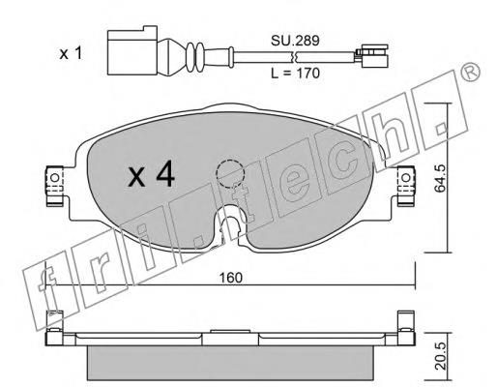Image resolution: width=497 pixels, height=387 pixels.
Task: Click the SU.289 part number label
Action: coord(295,41)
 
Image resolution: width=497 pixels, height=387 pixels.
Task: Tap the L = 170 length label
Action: coord(295,74)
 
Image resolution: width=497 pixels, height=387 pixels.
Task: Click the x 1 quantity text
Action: coord(71,53)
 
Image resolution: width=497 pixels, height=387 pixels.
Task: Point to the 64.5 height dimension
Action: coord(440,178)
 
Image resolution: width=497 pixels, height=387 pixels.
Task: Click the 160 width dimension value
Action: coord(230,278)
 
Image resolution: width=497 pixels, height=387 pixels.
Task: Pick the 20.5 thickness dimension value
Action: coord(440,356)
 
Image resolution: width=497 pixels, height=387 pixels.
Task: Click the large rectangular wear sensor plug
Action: coord(132,50)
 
